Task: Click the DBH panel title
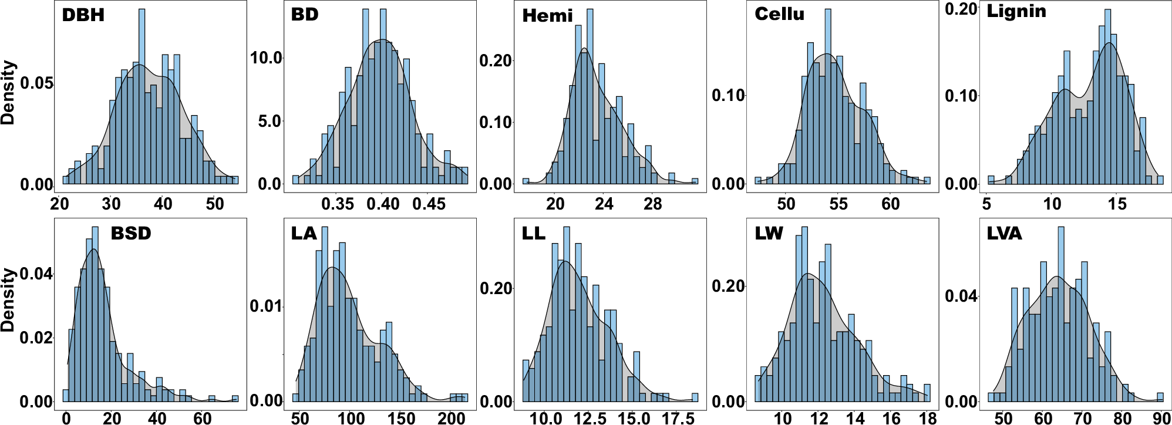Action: click(x=83, y=15)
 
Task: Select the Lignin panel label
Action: click(x=1016, y=11)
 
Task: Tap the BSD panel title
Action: click(x=131, y=234)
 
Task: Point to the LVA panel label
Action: click(x=1004, y=234)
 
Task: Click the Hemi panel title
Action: click(x=547, y=15)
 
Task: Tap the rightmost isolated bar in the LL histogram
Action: click(x=695, y=397)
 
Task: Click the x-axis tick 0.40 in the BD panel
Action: click(x=383, y=204)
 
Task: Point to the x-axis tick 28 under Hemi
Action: click(x=652, y=204)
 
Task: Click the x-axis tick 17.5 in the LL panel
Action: click(x=678, y=418)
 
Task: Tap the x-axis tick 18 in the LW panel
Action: click(x=927, y=418)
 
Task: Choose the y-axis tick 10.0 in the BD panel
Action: click(x=267, y=58)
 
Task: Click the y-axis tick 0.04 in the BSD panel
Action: click(x=35, y=274)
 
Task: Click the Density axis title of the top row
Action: click(x=8, y=93)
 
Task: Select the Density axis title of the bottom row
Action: click(x=8, y=301)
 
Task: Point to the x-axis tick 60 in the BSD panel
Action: click(x=203, y=418)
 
